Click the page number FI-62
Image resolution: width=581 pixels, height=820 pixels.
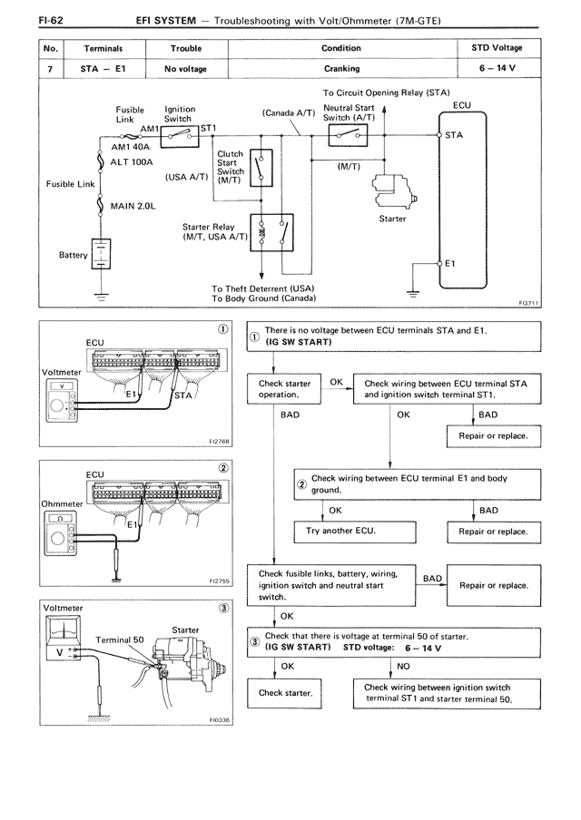51,20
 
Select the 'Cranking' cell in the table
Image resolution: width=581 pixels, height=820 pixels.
342,69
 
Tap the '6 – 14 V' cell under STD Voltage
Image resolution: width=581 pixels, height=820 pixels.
497,68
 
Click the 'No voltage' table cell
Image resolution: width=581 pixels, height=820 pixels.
186,69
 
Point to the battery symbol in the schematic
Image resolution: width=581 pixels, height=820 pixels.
101,254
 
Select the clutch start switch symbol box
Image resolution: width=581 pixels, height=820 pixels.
261,167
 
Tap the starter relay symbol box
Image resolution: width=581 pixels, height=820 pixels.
271,233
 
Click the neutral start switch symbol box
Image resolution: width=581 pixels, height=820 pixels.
348,135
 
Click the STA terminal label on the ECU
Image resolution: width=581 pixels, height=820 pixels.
454,135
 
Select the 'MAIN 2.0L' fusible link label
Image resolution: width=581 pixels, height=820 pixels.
133,206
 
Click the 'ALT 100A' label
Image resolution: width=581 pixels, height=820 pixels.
132,162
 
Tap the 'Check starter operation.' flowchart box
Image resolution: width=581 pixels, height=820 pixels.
284,388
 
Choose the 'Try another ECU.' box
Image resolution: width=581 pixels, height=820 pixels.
355,532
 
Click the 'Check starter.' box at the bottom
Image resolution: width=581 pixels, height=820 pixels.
284,693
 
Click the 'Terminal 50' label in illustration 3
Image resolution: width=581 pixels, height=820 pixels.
119,639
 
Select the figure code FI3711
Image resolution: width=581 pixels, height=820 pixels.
528,303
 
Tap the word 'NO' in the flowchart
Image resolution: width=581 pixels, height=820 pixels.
404,666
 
